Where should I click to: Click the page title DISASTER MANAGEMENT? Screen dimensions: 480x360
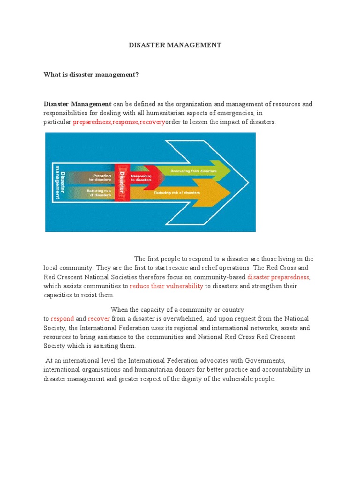click(175, 45)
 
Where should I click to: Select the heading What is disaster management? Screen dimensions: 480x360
click(91, 74)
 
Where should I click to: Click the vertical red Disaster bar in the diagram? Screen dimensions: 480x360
click(122, 182)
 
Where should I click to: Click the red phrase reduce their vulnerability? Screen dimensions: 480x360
click(166, 286)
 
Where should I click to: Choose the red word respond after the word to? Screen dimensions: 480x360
click(62, 319)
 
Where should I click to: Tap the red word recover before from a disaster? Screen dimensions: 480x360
click(98, 319)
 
